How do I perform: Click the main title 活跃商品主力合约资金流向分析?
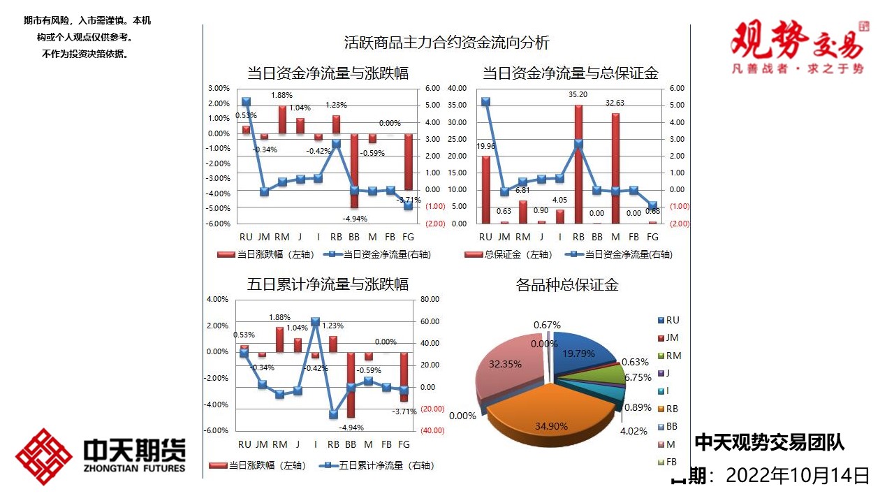447,43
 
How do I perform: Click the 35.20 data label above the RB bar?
578,94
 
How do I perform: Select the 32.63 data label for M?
615,103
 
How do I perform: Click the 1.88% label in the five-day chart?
281,318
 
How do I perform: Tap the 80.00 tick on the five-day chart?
430,300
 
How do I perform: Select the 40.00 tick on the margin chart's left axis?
457,88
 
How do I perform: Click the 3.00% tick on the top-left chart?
219,88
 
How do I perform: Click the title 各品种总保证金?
567,285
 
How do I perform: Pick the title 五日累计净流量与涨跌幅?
328,284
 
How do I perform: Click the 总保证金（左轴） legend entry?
508,255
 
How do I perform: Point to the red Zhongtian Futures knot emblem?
43,456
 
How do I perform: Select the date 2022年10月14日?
798,476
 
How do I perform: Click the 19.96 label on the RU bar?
486,146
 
